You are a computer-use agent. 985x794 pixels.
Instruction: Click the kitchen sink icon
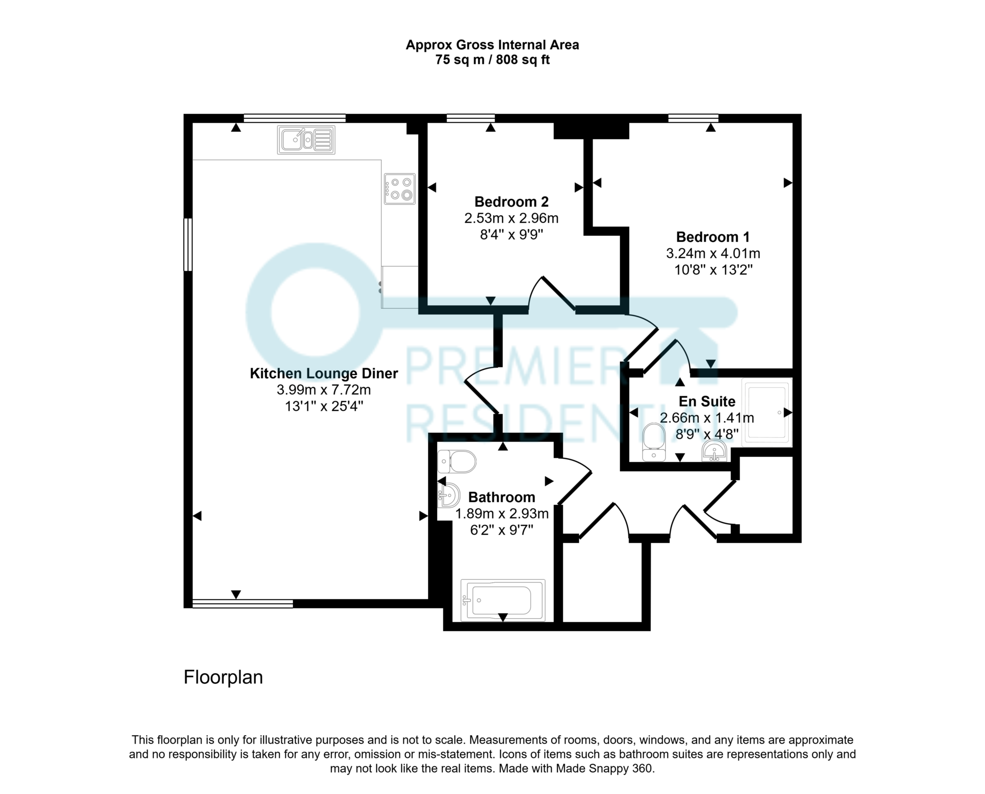(306, 140)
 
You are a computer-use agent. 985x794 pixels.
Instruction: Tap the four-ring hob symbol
(399, 189)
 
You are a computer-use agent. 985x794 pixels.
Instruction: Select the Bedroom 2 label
(511, 202)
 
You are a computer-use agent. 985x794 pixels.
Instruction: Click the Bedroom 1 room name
(713, 237)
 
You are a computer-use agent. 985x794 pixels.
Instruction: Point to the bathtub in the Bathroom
(503, 600)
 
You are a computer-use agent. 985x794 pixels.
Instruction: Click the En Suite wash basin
(714, 453)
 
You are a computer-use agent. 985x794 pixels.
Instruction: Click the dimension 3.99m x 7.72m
(324, 390)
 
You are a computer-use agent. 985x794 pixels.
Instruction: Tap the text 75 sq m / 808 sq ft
(492, 60)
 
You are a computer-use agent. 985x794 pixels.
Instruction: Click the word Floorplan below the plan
(223, 677)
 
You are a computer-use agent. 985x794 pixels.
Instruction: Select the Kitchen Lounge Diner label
(324, 374)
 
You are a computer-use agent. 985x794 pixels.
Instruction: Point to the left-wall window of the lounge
(188, 244)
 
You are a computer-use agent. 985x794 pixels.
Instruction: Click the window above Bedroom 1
(693, 118)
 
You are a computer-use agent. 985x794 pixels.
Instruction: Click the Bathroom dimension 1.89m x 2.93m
(502, 514)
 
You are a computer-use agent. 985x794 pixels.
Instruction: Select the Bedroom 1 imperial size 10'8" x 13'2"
(713, 270)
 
